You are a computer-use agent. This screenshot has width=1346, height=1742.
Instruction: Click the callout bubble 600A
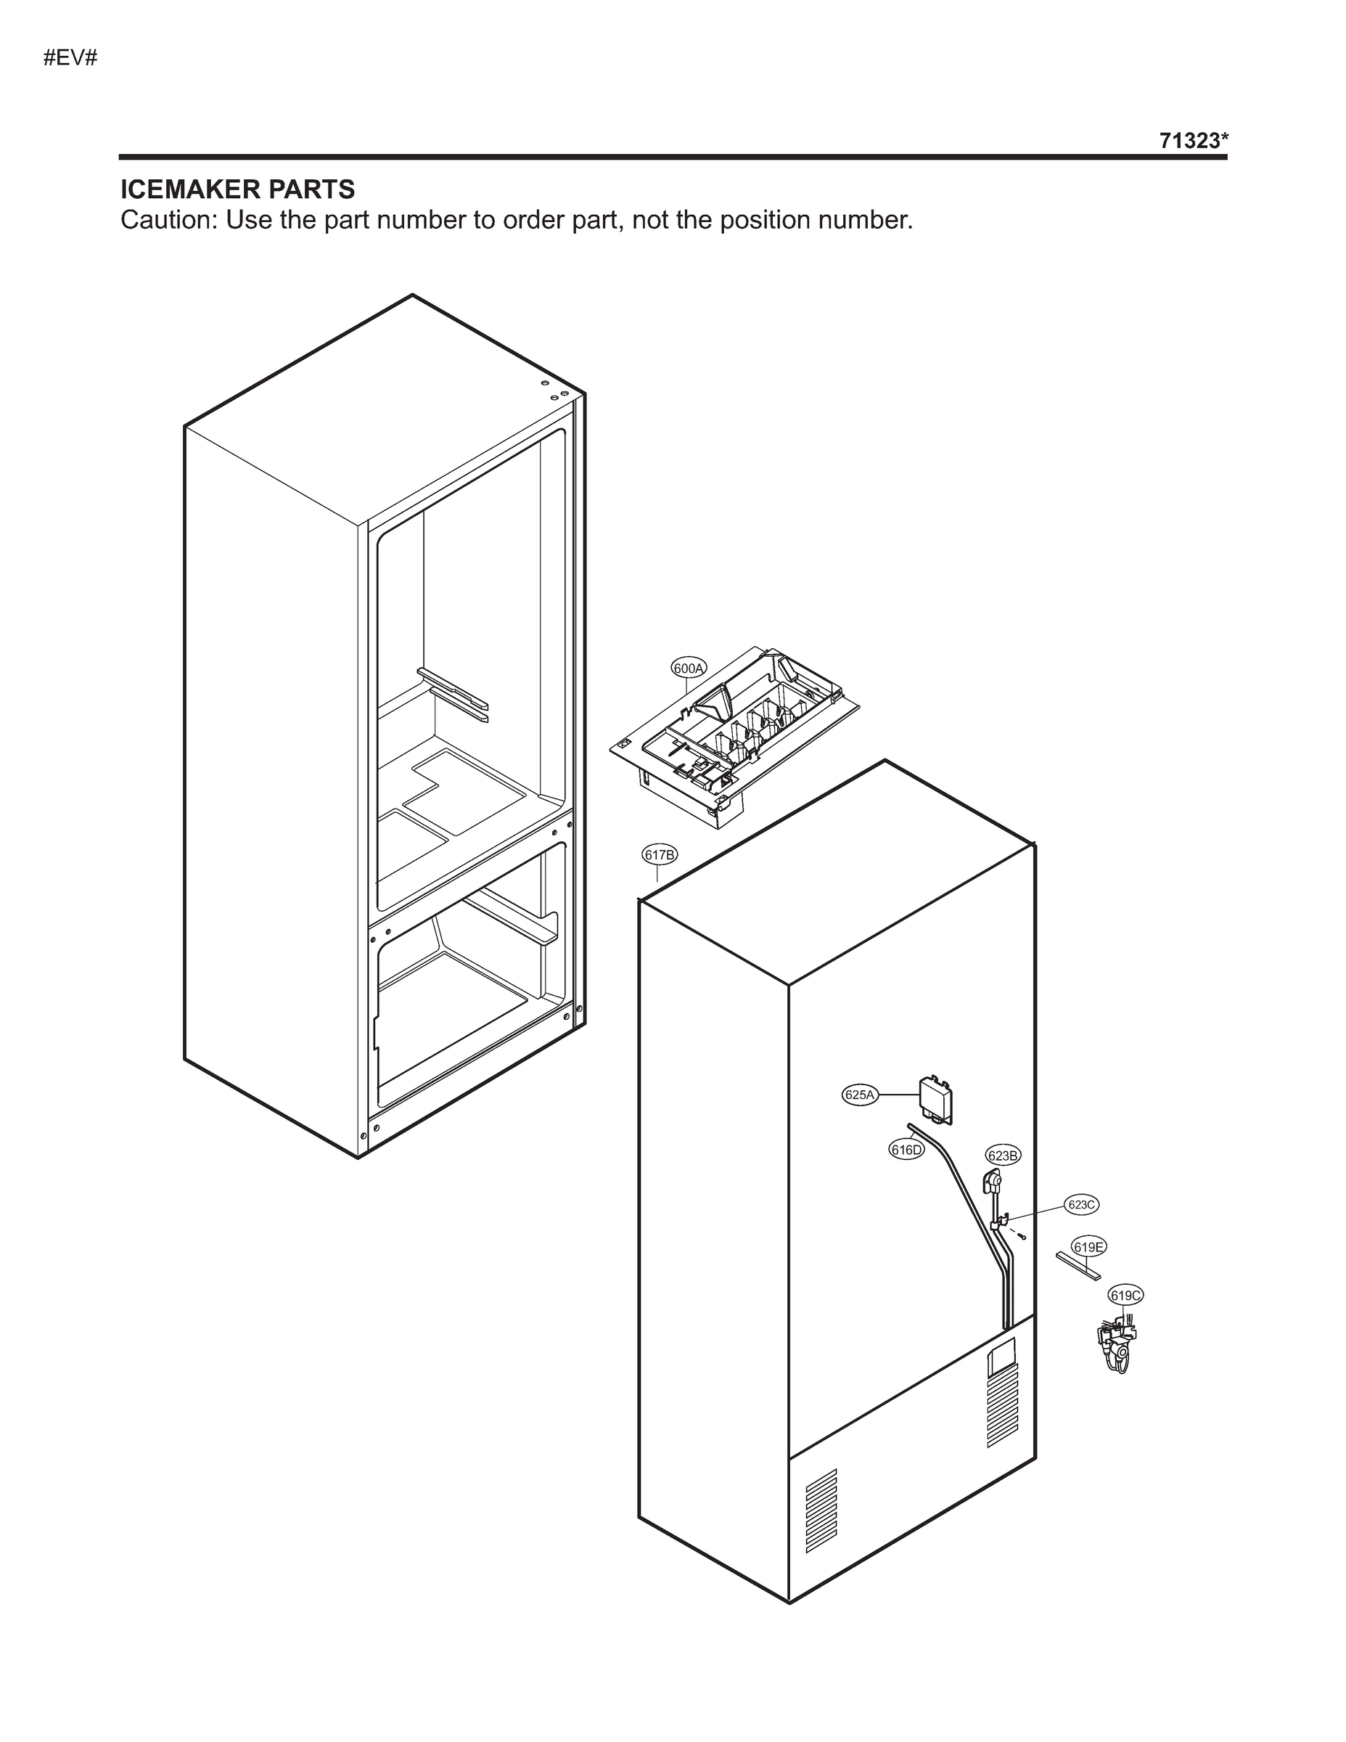pyautogui.click(x=688, y=668)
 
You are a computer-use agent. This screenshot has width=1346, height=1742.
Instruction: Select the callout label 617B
pyautogui.click(x=660, y=855)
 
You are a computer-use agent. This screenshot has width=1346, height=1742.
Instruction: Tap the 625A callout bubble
pyautogui.click(x=860, y=1095)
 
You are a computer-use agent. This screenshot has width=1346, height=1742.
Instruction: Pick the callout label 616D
pyautogui.click(x=906, y=1150)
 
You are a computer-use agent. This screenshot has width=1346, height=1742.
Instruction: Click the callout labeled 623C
pyautogui.click(x=1081, y=1204)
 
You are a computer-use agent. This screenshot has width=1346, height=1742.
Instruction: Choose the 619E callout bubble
pyautogui.click(x=1088, y=1247)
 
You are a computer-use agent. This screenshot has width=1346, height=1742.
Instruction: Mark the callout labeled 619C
pyautogui.click(x=1125, y=1296)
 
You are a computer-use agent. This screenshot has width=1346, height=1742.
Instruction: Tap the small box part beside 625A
pyautogui.click(x=936, y=1099)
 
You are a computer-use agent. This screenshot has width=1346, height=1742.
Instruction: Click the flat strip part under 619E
pyautogui.click(x=1078, y=1265)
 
